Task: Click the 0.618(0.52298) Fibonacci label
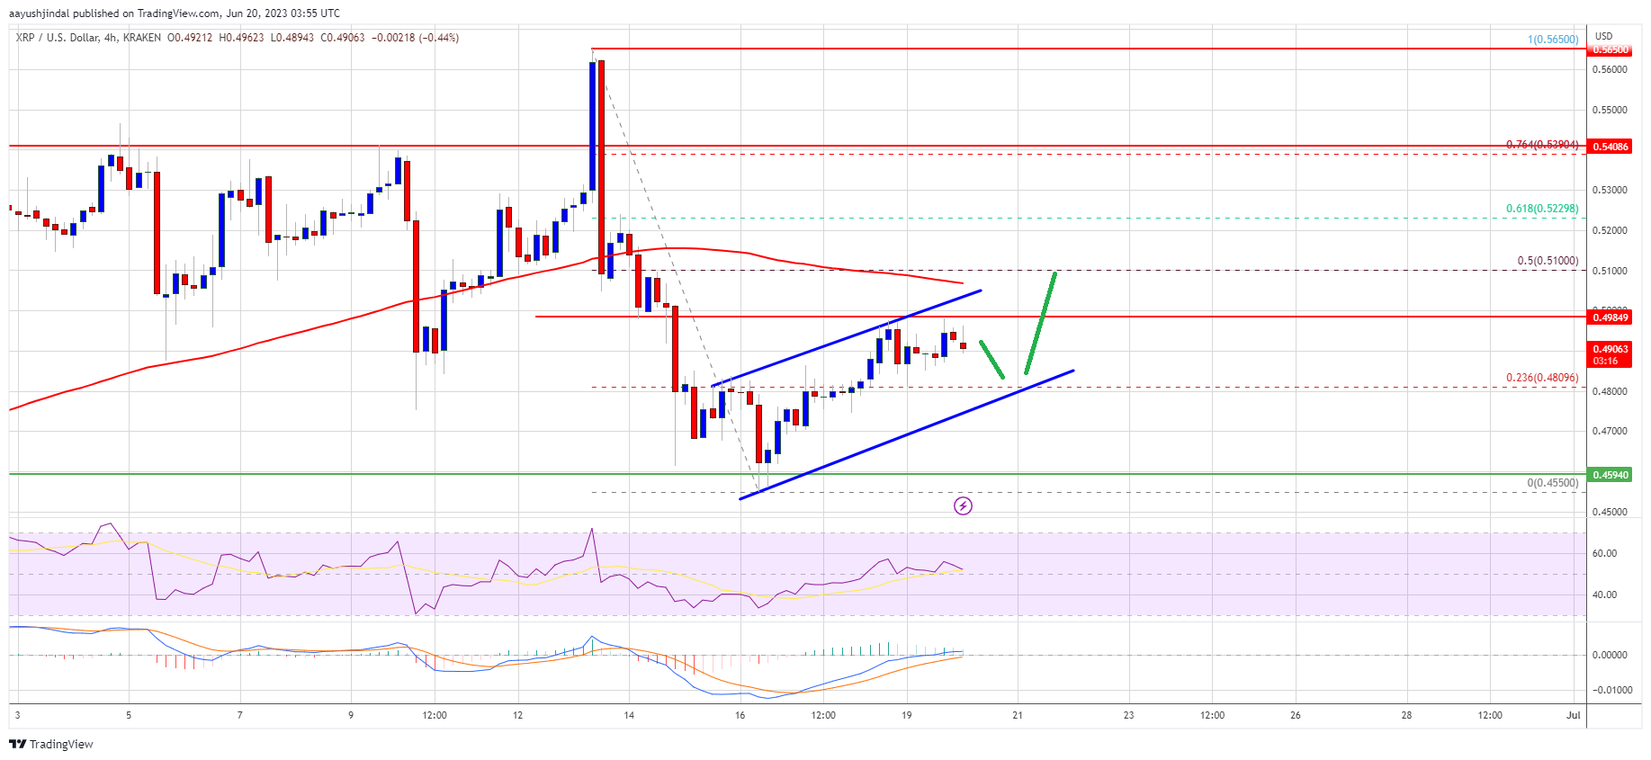click(1542, 209)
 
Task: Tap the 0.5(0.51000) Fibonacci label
click(1548, 261)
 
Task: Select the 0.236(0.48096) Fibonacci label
click(1542, 378)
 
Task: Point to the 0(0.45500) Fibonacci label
click(1552, 483)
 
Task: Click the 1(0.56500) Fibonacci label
click(1553, 40)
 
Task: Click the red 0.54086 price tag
click(1611, 147)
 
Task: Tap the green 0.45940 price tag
click(1611, 475)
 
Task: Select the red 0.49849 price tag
click(1611, 317)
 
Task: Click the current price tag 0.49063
click(1611, 349)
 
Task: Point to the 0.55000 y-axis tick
click(1611, 110)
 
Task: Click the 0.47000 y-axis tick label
click(1611, 432)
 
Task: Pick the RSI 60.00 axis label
click(1604, 554)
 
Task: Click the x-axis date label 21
click(1018, 716)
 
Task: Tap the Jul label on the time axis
click(1573, 716)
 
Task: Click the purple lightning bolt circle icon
click(963, 506)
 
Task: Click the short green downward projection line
click(991, 359)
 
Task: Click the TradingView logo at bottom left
click(51, 745)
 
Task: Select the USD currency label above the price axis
click(1603, 37)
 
